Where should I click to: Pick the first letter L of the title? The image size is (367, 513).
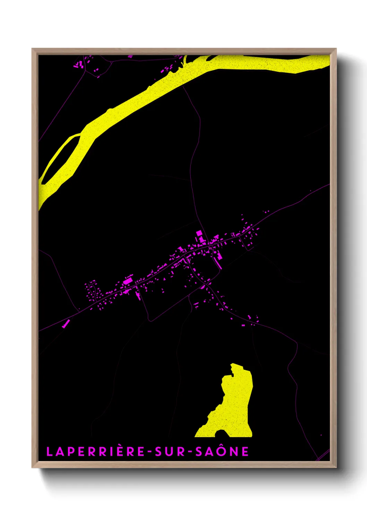pyautogui.click(x=49, y=452)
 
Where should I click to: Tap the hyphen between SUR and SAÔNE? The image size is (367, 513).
pyautogui.click(x=190, y=452)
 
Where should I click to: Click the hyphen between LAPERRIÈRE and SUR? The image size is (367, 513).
pyautogui.click(x=150, y=452)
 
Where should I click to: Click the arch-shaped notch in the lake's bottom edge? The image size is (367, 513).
pyautogui.click(x=221, y=433)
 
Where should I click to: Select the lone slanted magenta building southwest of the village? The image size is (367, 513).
pyautogui.click(x=66, y=324)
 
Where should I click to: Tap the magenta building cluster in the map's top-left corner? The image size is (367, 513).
pyautogui.click(x=79, y=65)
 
